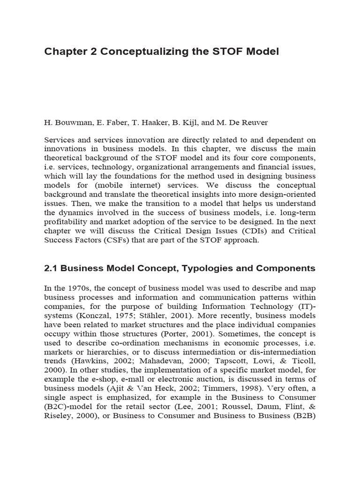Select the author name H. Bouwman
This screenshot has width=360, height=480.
[x=66, y=122]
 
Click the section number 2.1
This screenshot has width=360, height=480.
[x=51, y=269]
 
